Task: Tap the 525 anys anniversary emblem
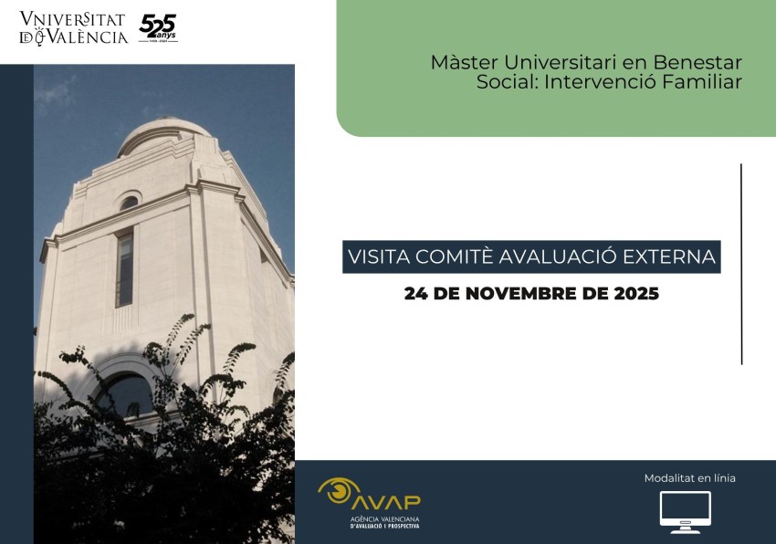[x=158, y=28]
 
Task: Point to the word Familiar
[x=708, y=82]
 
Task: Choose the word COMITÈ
[x=452, y=256]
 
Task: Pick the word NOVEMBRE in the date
[x=524, y=295]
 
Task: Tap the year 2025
[x=635, y=295]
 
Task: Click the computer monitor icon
[x=685, y=512]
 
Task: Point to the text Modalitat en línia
[x=689, y=478]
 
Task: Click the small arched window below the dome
[x=129, y=203]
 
